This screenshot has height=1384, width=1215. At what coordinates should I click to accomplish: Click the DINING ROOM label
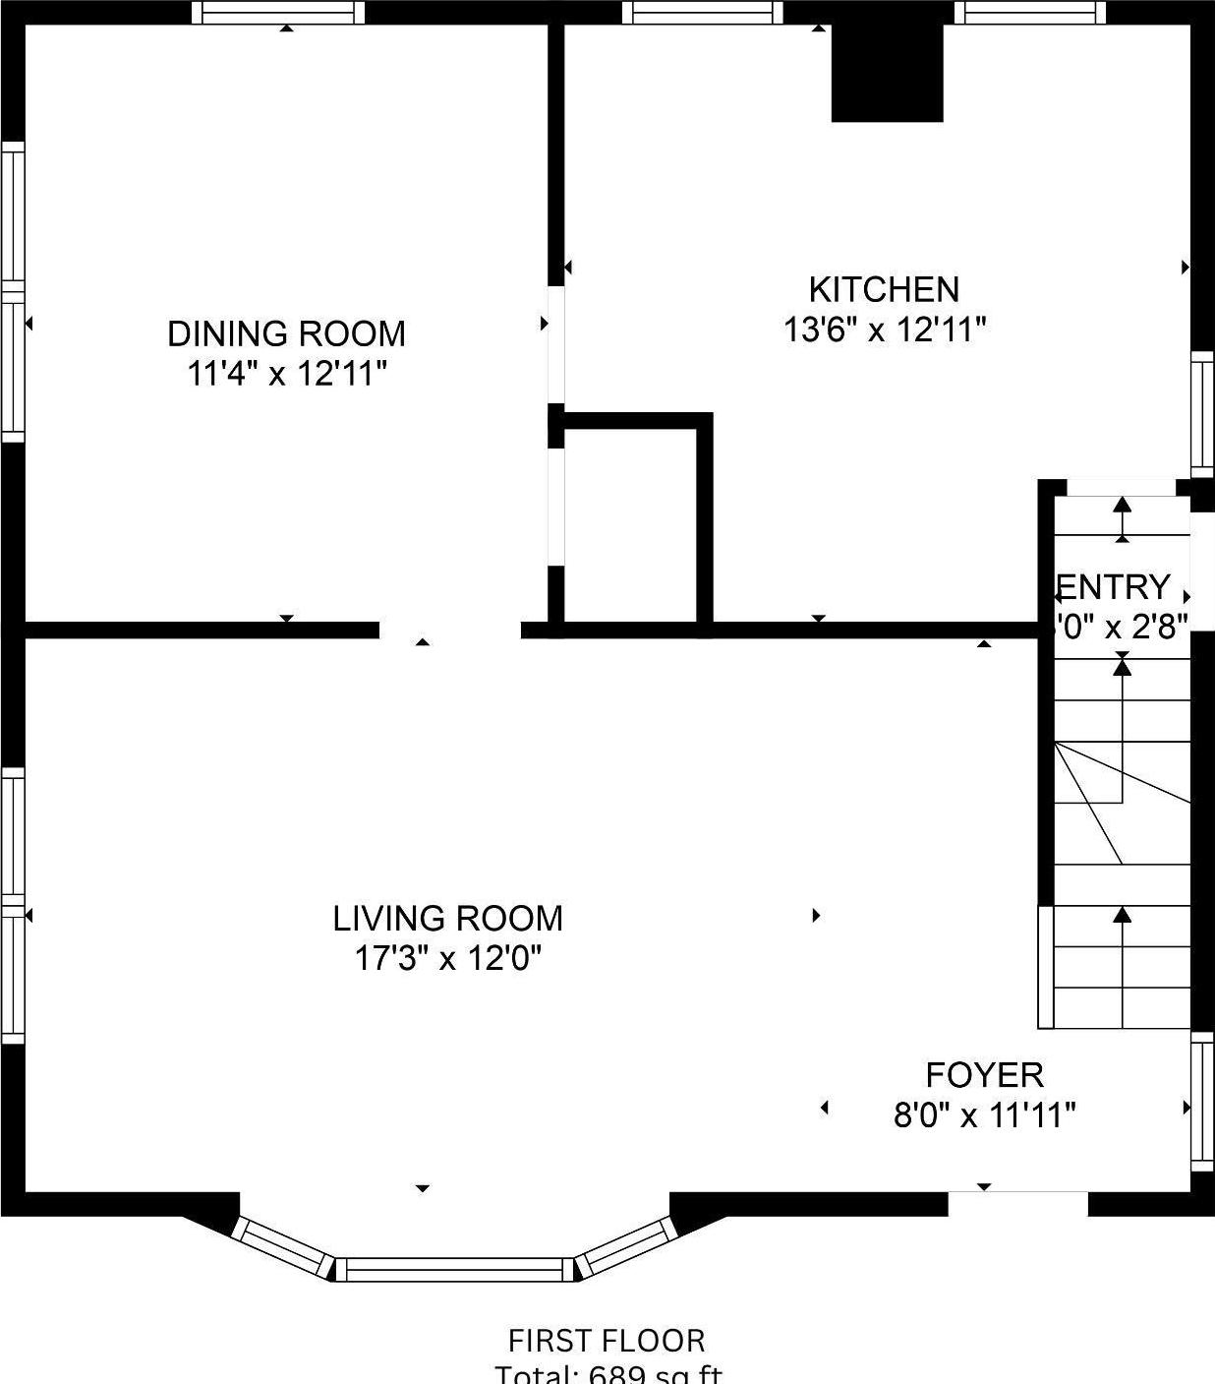[286, 334]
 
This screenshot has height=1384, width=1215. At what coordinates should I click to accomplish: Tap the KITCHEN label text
[884, 289]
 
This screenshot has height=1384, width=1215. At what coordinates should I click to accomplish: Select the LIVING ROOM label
[447, 919]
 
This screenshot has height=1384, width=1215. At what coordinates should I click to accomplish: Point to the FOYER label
[984, 1075]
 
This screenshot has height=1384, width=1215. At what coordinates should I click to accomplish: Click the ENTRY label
[1114, 587]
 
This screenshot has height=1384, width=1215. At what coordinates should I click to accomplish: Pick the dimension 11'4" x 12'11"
[286, 375]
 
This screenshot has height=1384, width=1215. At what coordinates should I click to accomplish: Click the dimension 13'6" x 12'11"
[884, 331]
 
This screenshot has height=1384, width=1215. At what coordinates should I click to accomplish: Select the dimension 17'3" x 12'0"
[447, 958]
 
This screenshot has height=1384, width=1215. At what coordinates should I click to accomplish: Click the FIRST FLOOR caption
[606, 1341]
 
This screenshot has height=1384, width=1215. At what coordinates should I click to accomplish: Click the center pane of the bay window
[454, 1269]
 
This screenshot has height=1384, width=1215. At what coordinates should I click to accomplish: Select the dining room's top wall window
[277, 13]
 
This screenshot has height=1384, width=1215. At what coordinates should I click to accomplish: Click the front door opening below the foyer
[1017, 1202]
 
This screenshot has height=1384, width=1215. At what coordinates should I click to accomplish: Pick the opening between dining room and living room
[449, 631]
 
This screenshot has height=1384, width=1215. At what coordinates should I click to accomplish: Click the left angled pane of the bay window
[283, 1248]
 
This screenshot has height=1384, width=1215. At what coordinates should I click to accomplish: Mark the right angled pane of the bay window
[625, 1248]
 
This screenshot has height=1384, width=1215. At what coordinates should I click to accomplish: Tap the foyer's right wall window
[1202, 1101]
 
